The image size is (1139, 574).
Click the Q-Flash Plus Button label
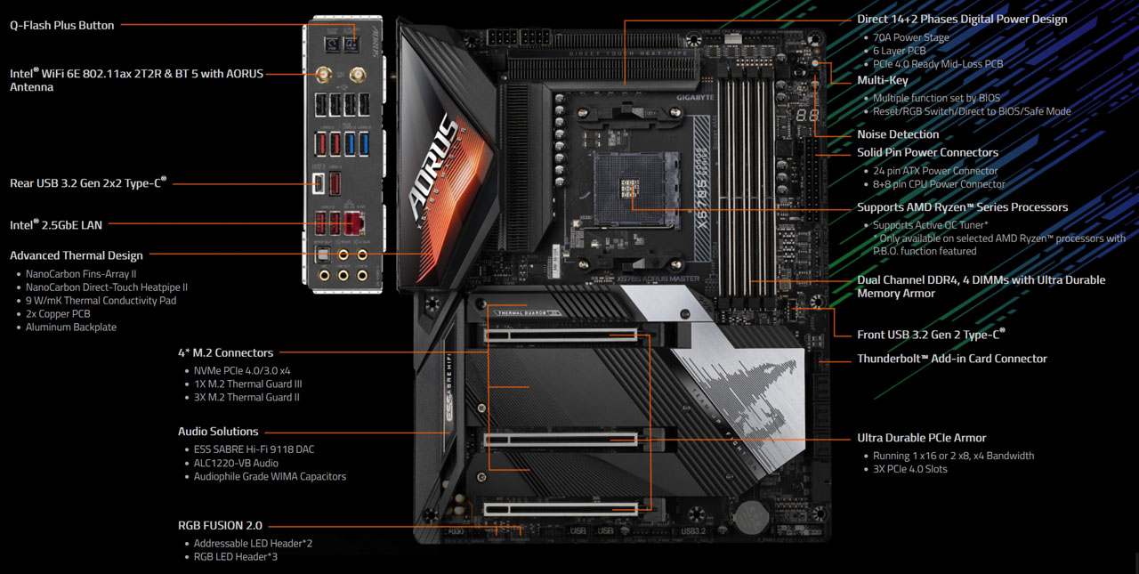[62, 25]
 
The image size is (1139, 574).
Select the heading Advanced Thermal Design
[77, 255]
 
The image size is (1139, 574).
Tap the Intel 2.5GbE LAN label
[56, 225]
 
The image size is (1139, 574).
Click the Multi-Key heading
[883, 80]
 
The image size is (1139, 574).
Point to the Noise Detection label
[898, 134]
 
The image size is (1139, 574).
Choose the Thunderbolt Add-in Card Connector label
[952, 359]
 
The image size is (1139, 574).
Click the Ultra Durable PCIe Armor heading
[922, 438]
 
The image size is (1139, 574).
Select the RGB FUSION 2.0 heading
[221, 525]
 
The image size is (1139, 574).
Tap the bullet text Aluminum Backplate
[71, 327]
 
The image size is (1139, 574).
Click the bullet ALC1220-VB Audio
[236, 463]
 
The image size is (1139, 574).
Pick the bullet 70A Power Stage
[911, 37]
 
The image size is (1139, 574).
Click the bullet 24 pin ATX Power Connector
[935, 171]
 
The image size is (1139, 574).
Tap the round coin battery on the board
[751, 514]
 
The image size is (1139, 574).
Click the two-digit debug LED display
[808, 117]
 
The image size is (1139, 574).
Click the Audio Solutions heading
[218, 432]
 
